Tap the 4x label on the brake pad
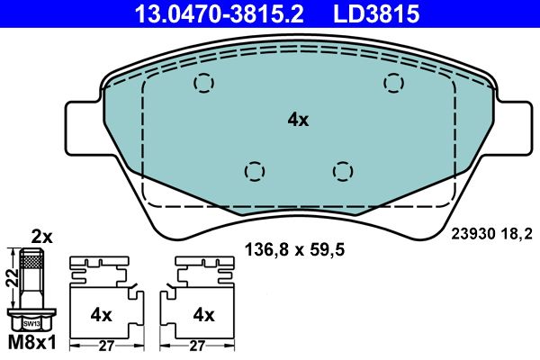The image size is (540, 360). [x=298, y=119]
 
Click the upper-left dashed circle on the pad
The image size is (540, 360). [x=205, y=84]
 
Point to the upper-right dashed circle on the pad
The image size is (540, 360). [x=393, y=83]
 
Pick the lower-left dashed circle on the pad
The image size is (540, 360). [x=256, y=170]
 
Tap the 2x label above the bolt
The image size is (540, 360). [x=42, y=238]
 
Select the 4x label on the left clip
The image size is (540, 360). [x=101, y=314]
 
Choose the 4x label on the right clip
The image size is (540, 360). [x=203, y=314]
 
